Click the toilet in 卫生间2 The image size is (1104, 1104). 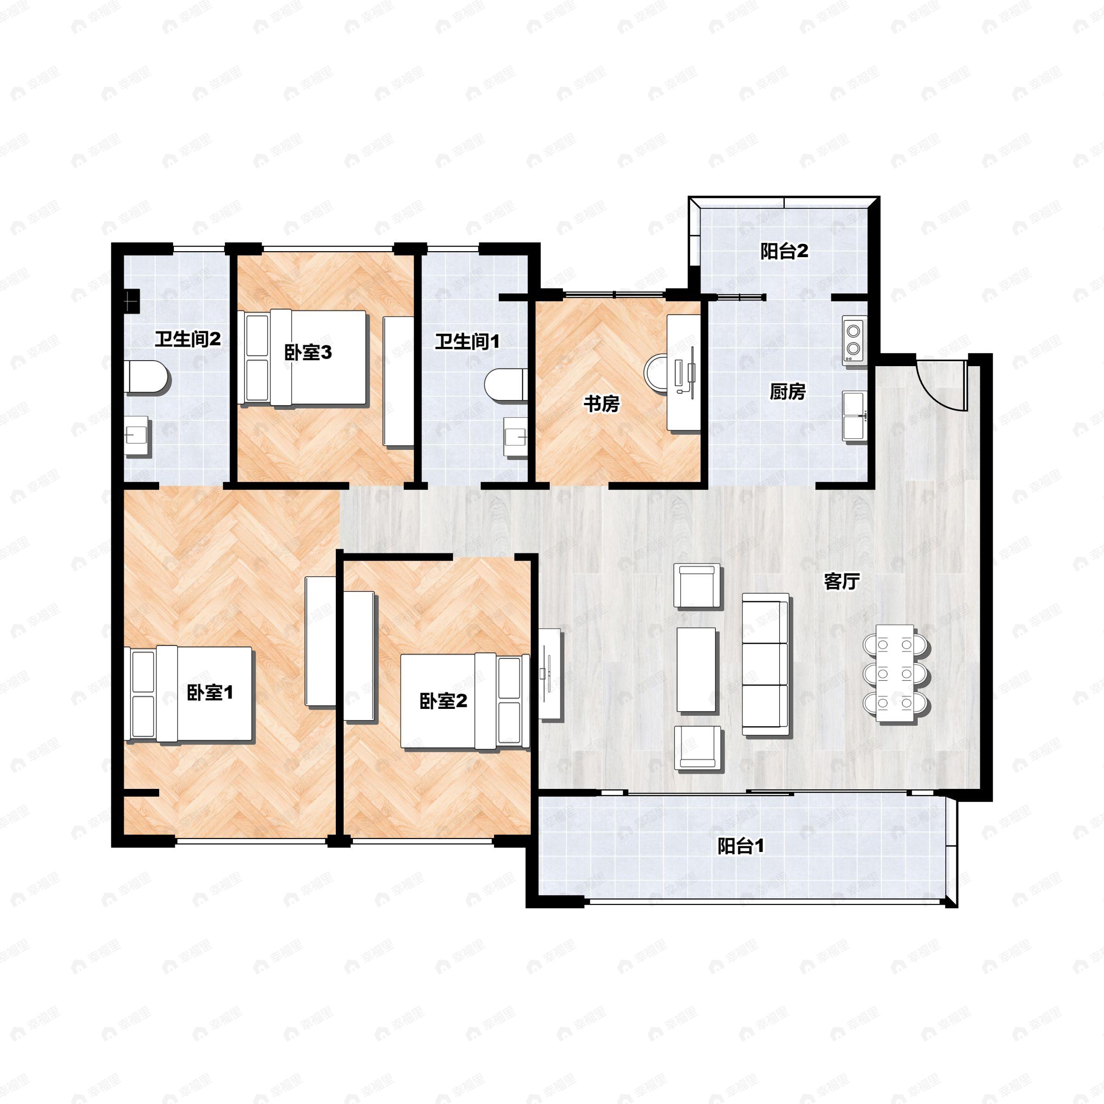(147, 377)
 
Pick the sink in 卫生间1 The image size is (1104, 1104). (515, 437)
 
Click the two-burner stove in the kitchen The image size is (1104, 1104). (854, 340)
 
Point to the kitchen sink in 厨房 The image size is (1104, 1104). (854, 415)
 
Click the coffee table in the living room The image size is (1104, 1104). (696, 670)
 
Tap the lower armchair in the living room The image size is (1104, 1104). (698, 747)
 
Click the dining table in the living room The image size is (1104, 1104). (896, 675)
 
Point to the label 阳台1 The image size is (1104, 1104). (741, 846)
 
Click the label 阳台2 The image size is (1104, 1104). (784, 251)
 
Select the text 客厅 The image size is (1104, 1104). (842, 582)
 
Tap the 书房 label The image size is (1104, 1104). (601, 404)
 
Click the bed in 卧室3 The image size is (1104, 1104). (302, 358)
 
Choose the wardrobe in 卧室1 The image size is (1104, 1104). (321, 642)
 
